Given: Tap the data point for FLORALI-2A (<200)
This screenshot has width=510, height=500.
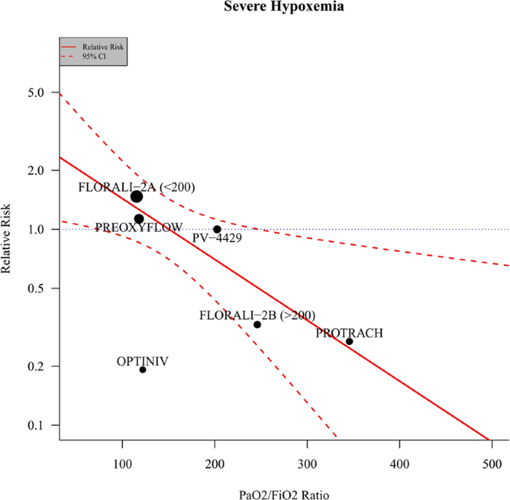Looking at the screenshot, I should [136, 197].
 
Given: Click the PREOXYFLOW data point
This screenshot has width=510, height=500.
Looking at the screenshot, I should [138, 219].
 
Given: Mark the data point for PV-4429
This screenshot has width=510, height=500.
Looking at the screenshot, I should [217, 230].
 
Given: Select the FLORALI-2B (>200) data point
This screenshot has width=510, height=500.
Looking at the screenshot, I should [258, 325].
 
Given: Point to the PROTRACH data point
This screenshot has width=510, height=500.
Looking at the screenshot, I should [349, 341].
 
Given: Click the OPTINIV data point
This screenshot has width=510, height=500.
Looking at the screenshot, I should [143, 370].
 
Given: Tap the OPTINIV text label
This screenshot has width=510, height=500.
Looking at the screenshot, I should [142, 361].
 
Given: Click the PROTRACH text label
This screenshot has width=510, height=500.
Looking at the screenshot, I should [349, 333].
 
